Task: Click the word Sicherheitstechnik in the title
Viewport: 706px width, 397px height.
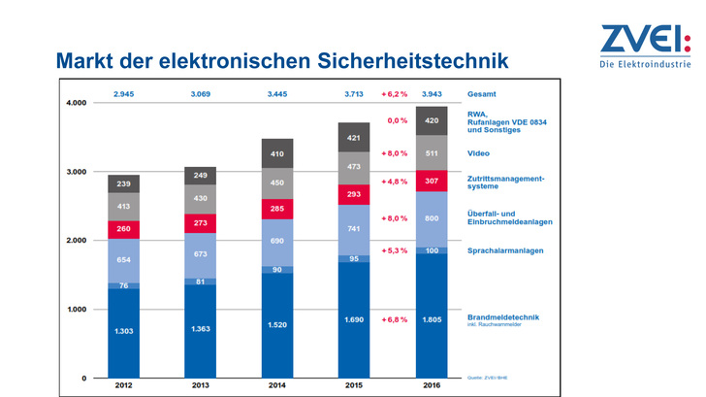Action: (414, 61)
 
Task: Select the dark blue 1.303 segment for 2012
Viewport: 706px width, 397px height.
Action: (123, 332)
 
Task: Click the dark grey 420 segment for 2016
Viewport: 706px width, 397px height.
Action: (432, 121)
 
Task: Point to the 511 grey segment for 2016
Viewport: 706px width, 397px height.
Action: (432, 152)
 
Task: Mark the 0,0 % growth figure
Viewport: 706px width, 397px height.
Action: (397, 121)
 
